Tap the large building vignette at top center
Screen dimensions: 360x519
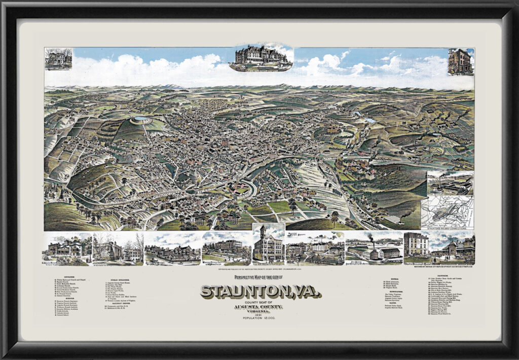pos(260,57)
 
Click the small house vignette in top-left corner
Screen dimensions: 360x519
pos(58,58)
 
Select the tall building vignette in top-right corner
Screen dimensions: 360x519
pos(460,61)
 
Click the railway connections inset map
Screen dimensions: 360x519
pos(448,211)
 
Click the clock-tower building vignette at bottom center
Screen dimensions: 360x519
pos(268,244)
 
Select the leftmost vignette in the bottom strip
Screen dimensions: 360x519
pos(67,249)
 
